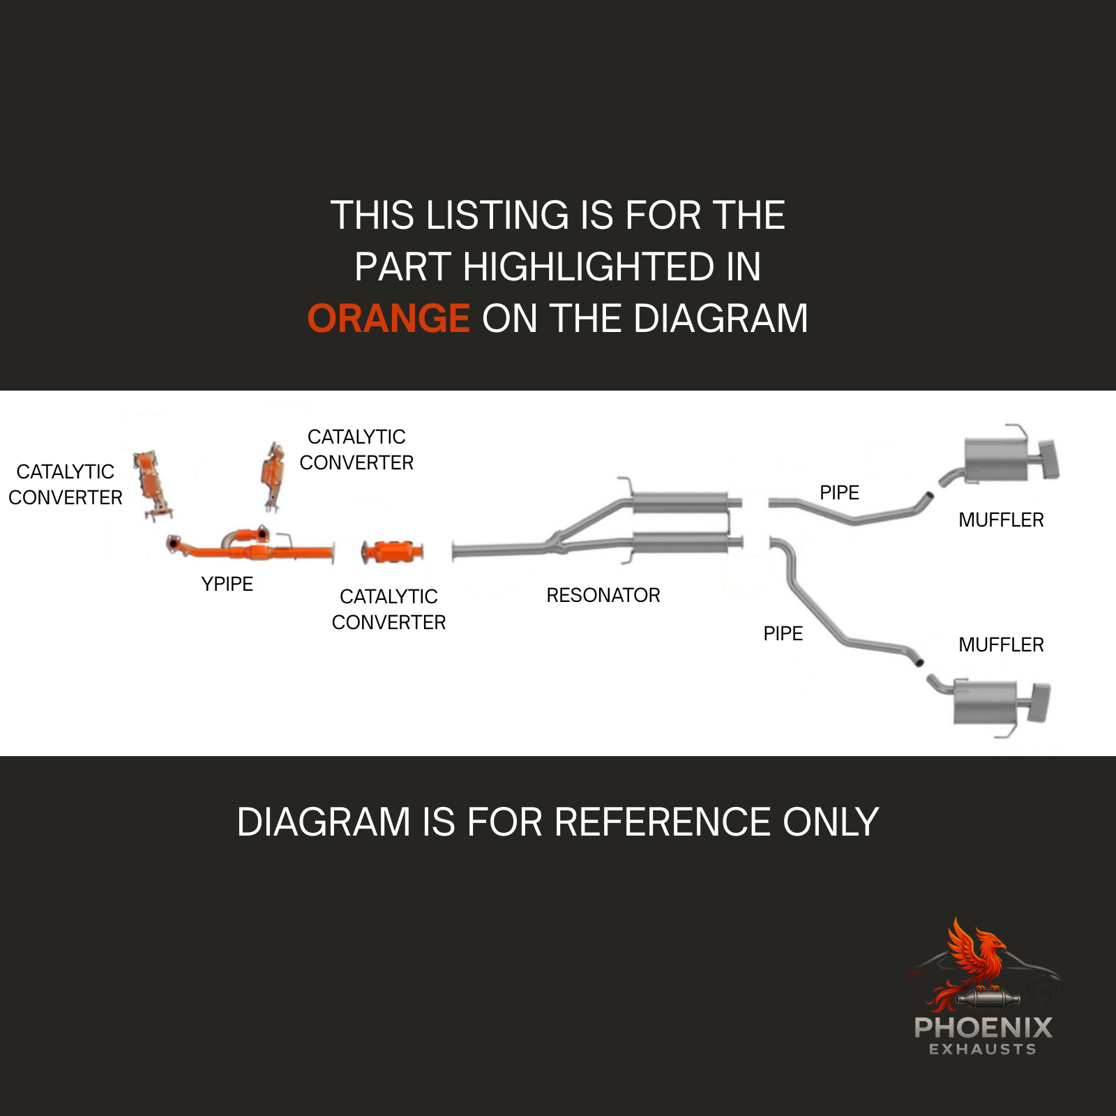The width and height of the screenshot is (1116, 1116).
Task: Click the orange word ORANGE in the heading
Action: click(x=389, y=319)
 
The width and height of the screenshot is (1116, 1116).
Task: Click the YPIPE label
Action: click(x=227, y=584)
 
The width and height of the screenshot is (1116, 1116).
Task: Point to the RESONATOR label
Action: click(x=603, y=595)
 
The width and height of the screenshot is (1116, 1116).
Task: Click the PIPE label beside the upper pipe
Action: click(x=839, y=492)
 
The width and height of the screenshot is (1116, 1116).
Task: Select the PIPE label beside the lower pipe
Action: click(x=783, y=633)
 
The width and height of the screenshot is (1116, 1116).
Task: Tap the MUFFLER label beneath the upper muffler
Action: click(x=1001, y=520)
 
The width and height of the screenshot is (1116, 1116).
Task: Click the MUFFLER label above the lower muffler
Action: click(x=1001, y=644)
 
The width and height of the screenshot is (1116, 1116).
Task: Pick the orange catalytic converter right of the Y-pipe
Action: click(x=393, y=552)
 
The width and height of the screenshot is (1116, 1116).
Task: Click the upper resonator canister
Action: click(x=681, y=502)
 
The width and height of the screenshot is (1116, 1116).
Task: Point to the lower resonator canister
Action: click(x=681, y=542)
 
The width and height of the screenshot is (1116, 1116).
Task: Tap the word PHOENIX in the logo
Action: click(x=983, y=1027)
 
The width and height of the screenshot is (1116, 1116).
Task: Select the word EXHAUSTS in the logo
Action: click(x=983, y=1049)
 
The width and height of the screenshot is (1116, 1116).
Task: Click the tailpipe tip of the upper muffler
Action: click(x=1049, y=460)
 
